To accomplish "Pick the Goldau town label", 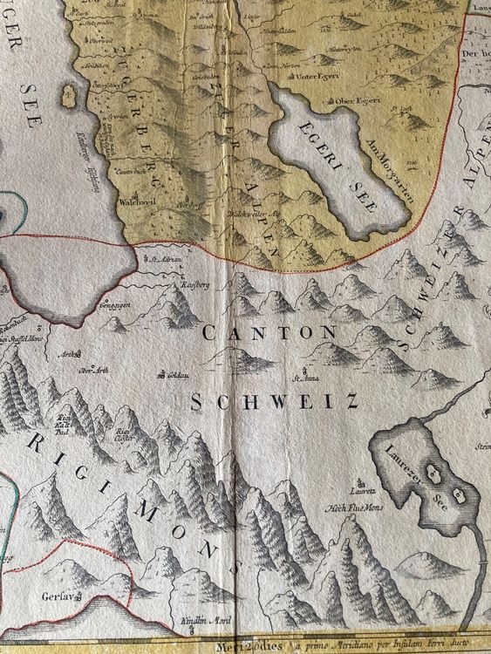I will (175, 375).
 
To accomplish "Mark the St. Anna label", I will (303, 378).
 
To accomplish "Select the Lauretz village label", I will (358, 480).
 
